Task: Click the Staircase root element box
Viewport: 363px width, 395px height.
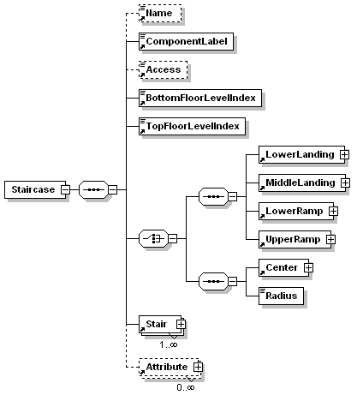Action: point(35,189)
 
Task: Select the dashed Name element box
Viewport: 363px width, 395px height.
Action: point(160,13)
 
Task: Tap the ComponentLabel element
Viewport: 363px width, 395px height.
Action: point(186,41)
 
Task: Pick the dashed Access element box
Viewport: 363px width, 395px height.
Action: point(163,69)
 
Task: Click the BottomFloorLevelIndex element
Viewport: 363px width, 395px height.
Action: point(200,98)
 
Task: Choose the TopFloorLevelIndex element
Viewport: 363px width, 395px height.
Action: point(192,126)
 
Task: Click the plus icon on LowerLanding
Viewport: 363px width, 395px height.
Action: point(344,154)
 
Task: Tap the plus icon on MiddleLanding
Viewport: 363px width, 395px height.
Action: point(345,183)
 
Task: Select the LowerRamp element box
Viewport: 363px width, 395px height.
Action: point(296,211)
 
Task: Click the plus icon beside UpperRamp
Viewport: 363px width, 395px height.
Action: point(330,239)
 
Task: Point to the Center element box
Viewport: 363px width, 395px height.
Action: point(283,267)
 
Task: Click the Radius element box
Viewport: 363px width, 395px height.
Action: point(281,296)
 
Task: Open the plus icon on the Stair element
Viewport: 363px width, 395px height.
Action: point(181,324)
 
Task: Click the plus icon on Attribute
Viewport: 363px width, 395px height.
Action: point(198,367)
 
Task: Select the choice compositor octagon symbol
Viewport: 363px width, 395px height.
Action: point(153,238)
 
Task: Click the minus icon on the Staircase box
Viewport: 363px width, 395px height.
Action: point(65,189)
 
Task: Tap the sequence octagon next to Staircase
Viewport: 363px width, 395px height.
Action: point(93,189)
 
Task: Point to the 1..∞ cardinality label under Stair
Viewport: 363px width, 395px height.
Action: point(169,344)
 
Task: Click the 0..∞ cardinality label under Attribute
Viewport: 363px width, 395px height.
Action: point(186,387)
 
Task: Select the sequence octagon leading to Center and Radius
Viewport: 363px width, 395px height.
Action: point(213,281)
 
